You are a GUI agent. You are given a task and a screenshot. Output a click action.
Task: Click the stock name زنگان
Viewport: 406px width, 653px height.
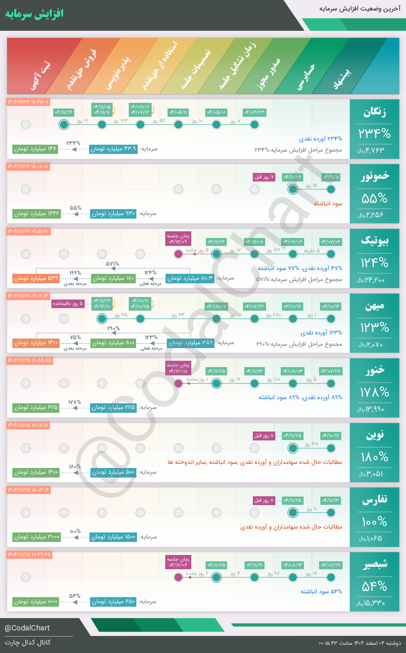tap(375, 112)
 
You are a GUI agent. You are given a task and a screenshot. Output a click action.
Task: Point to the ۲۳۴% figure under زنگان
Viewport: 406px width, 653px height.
tap(374, 133)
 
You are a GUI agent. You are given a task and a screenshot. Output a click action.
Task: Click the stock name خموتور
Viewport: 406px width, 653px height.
tap(375, 176)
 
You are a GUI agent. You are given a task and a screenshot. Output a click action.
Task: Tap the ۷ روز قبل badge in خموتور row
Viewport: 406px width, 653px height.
tap(264, 177)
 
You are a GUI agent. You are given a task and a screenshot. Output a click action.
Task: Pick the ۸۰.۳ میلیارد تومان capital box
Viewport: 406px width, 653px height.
tap(190, 278)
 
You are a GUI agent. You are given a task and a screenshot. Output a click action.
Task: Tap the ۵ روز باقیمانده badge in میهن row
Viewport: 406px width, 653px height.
tap(68, 304)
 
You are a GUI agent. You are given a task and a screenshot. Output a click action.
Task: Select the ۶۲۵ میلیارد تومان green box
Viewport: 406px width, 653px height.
tap(36, 408)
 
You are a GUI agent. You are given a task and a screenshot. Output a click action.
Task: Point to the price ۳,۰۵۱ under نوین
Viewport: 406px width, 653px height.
tap(371, 474)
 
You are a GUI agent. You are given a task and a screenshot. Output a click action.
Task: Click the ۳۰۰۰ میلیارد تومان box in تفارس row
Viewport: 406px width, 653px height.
tap(37, 537)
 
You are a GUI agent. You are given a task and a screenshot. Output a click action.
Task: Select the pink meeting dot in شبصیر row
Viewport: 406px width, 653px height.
tap(179, 577)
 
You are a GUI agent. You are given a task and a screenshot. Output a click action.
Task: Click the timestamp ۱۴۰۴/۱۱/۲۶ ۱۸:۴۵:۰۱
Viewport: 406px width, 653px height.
tap(28, 102)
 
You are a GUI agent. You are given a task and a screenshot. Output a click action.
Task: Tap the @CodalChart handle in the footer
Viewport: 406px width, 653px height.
tap(27, 628)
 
